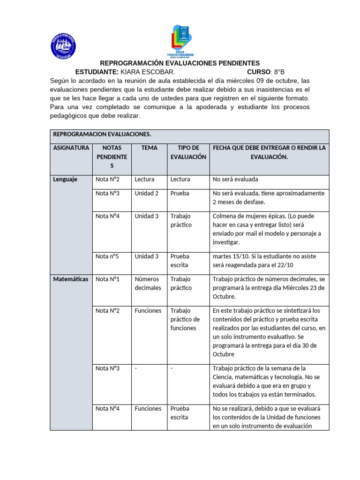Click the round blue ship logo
coord(63,46)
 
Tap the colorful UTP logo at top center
coord(180,40)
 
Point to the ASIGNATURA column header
coord(71,148)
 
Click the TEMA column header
coord(149,148)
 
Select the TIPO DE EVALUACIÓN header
coord(188,152)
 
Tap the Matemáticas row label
coord(71,279)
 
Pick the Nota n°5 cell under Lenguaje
coord(107,256)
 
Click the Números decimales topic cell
coord(148,283)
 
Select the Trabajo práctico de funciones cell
coord(185,319)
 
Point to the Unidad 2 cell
coord(146,193)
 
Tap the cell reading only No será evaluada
coord(235,179)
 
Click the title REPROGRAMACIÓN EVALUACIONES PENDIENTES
coord(180,63)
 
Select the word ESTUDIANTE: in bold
coord(97,72)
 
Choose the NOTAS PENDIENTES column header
coord(112,157)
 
